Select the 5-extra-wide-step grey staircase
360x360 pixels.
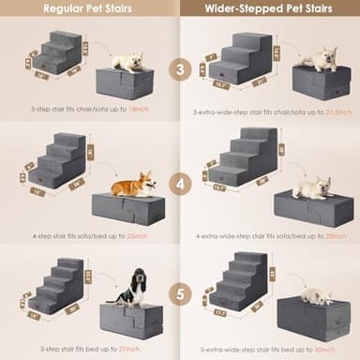point(239,280)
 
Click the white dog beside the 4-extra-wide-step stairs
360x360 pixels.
point(311,187)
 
